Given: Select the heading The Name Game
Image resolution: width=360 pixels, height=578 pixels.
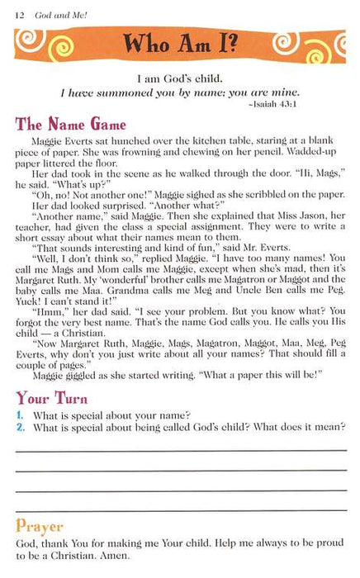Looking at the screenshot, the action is tap(70, 126).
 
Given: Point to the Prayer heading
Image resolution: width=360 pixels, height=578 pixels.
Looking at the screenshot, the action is tap(41, 526).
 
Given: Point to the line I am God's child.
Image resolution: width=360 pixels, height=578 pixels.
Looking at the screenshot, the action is tap(180, 80).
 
